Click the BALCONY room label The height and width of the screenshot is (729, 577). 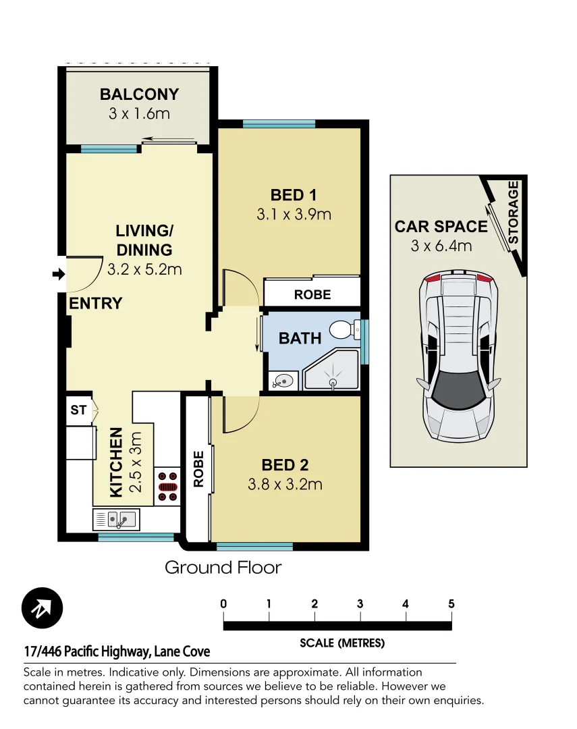coord(139,94)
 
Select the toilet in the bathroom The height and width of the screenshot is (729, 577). coord(344,330)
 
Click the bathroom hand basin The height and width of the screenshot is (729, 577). coord(283,381)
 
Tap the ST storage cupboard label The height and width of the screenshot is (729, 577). coord(79,410)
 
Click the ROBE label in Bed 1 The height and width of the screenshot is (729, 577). coord(312,294)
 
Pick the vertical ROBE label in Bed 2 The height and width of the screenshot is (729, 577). coord(198,468)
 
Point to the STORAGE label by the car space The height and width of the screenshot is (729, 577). coord(514,213)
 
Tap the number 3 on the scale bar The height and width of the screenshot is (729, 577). coord(360,604)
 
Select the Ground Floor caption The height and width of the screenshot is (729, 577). coord(223,568)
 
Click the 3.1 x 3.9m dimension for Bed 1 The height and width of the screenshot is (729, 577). coord(294,215)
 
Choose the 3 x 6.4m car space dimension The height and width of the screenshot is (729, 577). coord(441,246)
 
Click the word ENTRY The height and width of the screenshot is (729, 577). coord(95,304)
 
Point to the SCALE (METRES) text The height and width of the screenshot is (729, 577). coord(342,643)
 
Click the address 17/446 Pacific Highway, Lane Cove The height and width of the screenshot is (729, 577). coord(117,651)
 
